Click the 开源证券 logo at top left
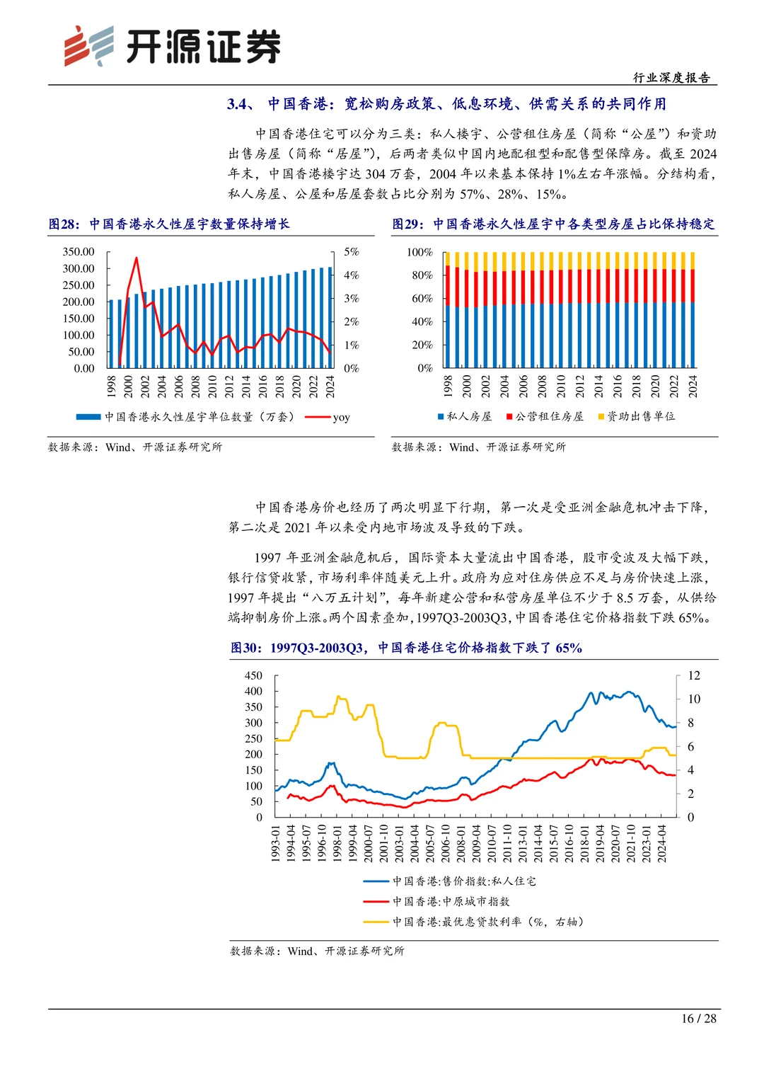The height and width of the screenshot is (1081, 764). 172,47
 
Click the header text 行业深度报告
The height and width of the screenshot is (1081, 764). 671,78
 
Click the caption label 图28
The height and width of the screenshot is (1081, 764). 64,224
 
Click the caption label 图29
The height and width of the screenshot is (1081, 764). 407,224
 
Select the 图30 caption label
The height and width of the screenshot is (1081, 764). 245,648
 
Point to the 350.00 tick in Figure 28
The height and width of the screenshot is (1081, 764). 79,252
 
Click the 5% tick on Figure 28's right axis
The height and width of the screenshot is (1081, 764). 352,252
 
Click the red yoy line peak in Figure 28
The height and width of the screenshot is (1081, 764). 137,258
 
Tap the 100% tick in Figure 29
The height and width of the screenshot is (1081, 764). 419,253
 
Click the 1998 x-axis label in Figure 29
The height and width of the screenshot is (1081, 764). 448,387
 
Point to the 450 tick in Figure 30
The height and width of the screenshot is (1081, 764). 253,675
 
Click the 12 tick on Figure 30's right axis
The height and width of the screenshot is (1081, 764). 694,675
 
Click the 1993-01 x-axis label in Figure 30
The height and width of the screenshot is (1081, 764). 276,842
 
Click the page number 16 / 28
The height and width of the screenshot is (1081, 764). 698,1019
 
